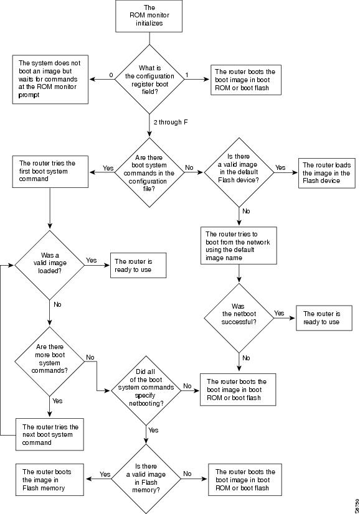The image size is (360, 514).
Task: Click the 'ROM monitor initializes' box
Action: click(x=149, y=16)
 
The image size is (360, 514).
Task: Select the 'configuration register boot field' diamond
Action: click(x=149, y=79)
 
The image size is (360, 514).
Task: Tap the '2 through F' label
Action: click(x=171, y=122)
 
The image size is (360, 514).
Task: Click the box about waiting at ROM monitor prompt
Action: click(x=50, y=79)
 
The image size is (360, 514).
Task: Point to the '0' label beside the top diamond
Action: click(x=111, y=75)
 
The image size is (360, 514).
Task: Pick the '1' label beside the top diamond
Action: click(x=187, y=75)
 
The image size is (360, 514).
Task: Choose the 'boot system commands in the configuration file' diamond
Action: click(x=149, y=172)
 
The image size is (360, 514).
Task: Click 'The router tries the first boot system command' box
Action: click(x=50, y=172)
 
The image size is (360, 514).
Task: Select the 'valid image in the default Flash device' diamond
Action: click(x=239, y=172)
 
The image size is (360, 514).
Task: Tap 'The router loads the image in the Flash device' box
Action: click(x=327, y=174)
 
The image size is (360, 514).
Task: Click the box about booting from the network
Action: click(x=239, y=246)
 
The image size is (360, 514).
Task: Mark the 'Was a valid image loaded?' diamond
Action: click(x=50, y=265)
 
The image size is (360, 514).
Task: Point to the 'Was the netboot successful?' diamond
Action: click(x=239, y=318)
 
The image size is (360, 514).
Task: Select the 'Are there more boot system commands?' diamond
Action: click(x=50, y=362)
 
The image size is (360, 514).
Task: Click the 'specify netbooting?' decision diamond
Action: click(x=146, y=390)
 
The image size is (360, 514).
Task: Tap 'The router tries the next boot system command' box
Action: click(x=50, y=434)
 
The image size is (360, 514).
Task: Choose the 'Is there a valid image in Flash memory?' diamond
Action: click(x=146, y=479)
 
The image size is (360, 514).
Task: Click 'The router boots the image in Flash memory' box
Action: click(x=50, y=480)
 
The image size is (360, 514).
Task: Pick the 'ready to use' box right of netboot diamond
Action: click(x=324, y=318)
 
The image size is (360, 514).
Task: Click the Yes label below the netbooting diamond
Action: click(x=153, y=430)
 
